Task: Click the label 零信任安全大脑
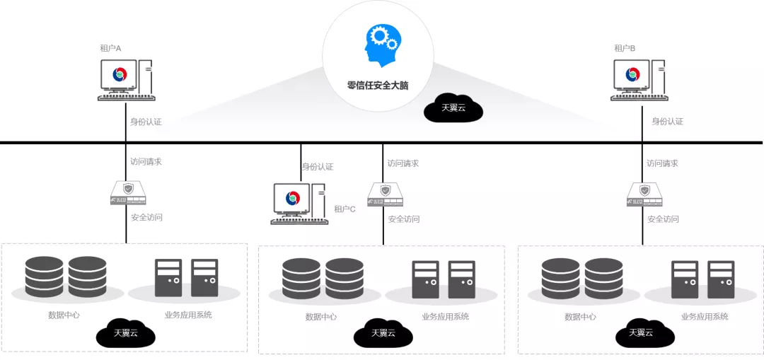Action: click(x=378, y=86)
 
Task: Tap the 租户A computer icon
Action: click(x=125, y=78)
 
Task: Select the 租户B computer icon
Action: click(x=639, y=78)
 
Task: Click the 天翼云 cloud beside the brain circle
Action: click(x=453, y=108)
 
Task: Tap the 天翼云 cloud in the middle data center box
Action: click(x=383, y=332)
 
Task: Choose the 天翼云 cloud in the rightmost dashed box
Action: click(x=641, y=332)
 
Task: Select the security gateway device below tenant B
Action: click(x=642, y=194)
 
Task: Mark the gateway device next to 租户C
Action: click(x=384, y=194)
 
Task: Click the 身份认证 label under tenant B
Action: click(x=667, y=122)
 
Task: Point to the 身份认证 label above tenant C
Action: click(x=318, y=167)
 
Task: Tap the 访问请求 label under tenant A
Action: click(x=146, y=161)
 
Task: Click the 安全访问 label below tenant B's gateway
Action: click(x=663, y=219)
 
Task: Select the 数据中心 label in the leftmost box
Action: click(x=64, y=315)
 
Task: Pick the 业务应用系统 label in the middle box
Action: click(x=445, y=317)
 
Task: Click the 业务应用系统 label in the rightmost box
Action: click(x=705, y=317)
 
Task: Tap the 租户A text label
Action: click(x=110, y=48)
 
